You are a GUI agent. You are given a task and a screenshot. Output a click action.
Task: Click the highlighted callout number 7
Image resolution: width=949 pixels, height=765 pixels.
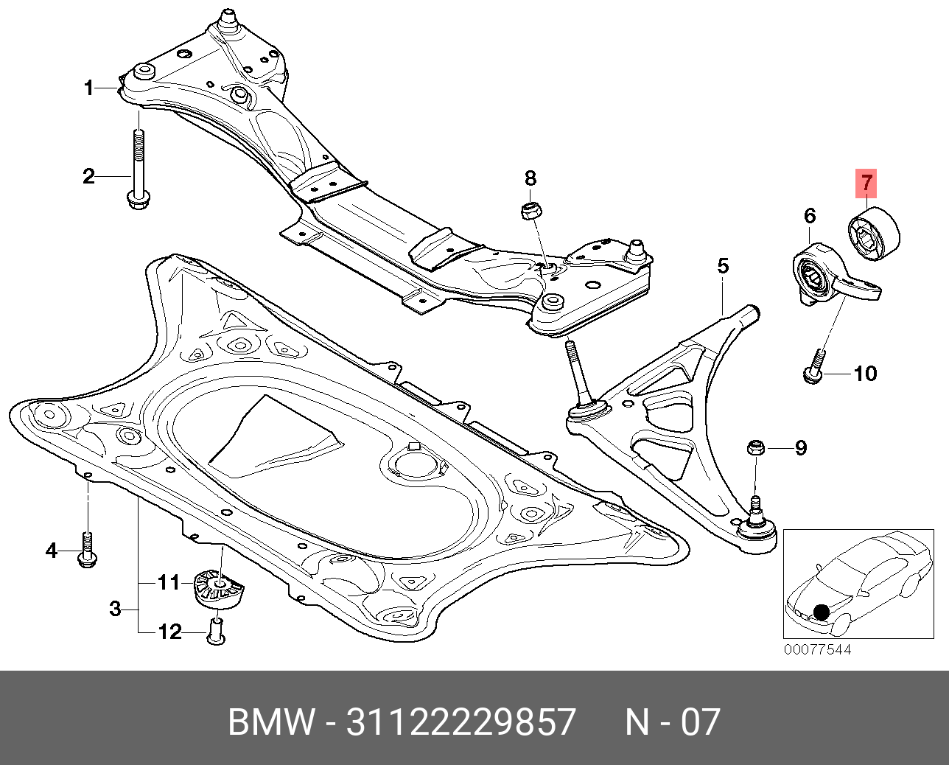pyautogui.click(x=866, y=183)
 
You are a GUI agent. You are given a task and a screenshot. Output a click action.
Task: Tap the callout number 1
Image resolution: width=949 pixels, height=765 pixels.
pyautogui.click(x=89, y=88)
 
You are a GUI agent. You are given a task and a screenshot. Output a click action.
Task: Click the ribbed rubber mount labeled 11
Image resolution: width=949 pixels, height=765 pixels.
pyautogui.click(x=219, y=591)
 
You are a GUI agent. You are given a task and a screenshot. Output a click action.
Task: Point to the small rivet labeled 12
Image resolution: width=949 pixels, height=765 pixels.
pyautogui.click(x=216, y=632)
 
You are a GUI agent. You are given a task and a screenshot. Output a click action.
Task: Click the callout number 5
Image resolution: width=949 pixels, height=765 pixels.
pyautogui.click(x=723, y=267)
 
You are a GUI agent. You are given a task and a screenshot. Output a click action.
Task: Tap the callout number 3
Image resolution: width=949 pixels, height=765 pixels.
pyautogui.click(x=115, y=609)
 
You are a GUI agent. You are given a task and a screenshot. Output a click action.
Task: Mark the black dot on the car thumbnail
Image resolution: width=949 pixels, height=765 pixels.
pyautogui.click(x=822, y=612)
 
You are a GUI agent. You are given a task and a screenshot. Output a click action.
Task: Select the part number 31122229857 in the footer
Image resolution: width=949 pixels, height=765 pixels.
pyautogui.click(x=461, y=722)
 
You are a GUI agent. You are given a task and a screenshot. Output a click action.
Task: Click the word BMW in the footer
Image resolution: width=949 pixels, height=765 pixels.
pyautogui.click(x=271, y=722)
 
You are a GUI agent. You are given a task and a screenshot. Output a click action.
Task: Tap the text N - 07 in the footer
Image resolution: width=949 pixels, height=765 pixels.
pyautogui.click(x=673, y=722)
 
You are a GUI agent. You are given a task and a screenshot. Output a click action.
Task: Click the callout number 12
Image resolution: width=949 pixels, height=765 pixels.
pyautogui.click(x=169, y=632)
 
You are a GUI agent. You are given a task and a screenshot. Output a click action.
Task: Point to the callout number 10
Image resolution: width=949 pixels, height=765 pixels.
pyautogui.click(x=866, y=374)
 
